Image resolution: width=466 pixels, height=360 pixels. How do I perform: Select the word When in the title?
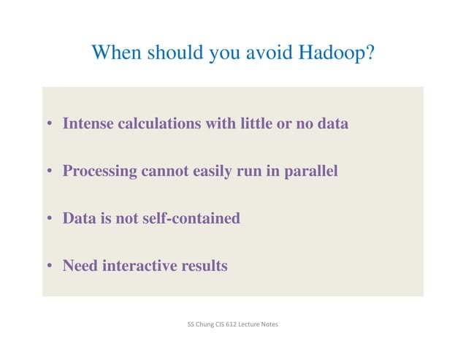coord(116,53)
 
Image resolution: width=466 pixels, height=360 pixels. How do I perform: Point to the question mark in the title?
coord(370,53)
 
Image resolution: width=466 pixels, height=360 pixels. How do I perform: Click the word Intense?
coord(88,124)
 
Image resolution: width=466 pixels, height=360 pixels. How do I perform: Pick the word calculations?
coord(160,124)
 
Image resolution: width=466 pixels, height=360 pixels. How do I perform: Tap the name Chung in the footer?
coord(206,323)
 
